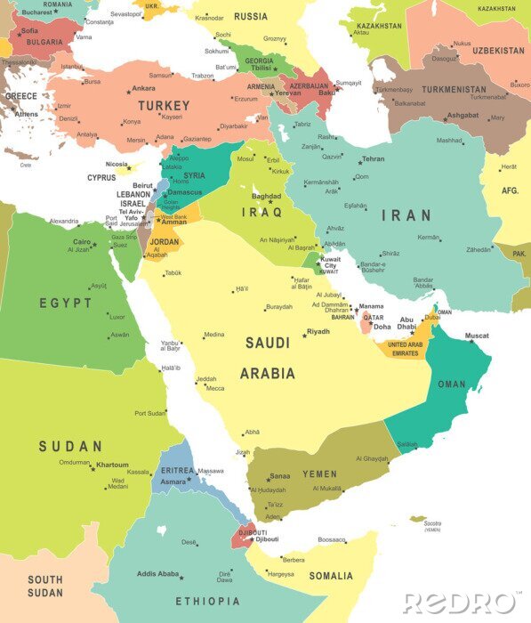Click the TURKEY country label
coord(163,105)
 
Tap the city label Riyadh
coord(318,332)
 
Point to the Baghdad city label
coord(266,196)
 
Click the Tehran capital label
coord(373,158)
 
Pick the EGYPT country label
coord(65,303)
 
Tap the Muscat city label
coord(477,336)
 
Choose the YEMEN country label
coord(319,474)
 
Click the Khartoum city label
coord(112,465)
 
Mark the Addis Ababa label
coord(157,574)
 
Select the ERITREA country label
coord(176,470)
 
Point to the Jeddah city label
coord(206,378)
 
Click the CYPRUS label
coord(101,177)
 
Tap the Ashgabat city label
coord(462,115)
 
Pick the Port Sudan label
coord(150,413)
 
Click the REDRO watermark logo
coord(462,603)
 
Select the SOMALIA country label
coord(331,576)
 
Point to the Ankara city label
coord(143,88)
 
